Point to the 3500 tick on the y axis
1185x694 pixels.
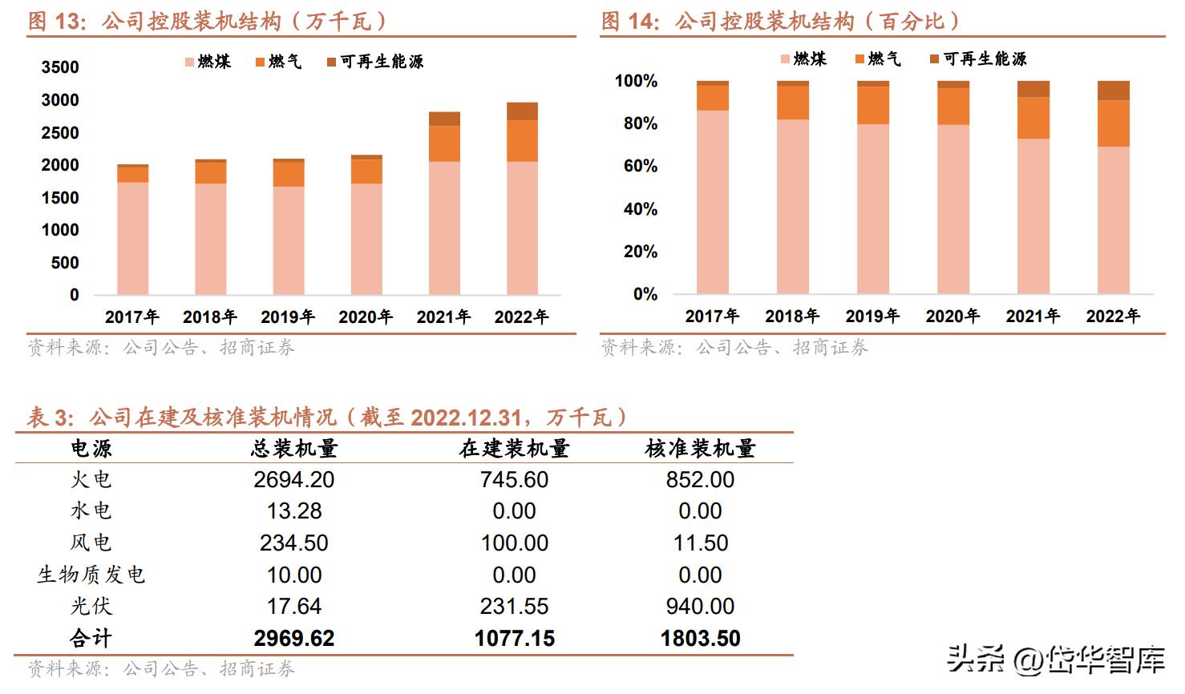coord(60,67)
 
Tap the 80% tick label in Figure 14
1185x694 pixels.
coord(636,123)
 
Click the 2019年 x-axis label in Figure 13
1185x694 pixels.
coord(288,317)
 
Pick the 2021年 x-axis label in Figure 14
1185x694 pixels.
coord(1033,317)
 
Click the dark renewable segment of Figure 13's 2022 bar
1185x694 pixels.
coord(522,111)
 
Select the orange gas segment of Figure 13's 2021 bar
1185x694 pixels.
coord(444,144)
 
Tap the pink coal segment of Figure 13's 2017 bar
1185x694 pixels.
coord(133,238)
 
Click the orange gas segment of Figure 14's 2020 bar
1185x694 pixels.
coord(953,106)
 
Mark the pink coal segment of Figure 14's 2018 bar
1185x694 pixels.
coord(793,206)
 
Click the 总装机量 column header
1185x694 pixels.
coord(294,449)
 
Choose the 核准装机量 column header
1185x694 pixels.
coord(700,449)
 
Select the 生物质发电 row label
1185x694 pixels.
coord(91,575)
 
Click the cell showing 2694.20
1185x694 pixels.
coord(294,480)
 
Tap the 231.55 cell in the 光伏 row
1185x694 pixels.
coord(514,607)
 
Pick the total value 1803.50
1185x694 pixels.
coord(700,639)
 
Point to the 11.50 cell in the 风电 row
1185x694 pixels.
coord(700,543)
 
